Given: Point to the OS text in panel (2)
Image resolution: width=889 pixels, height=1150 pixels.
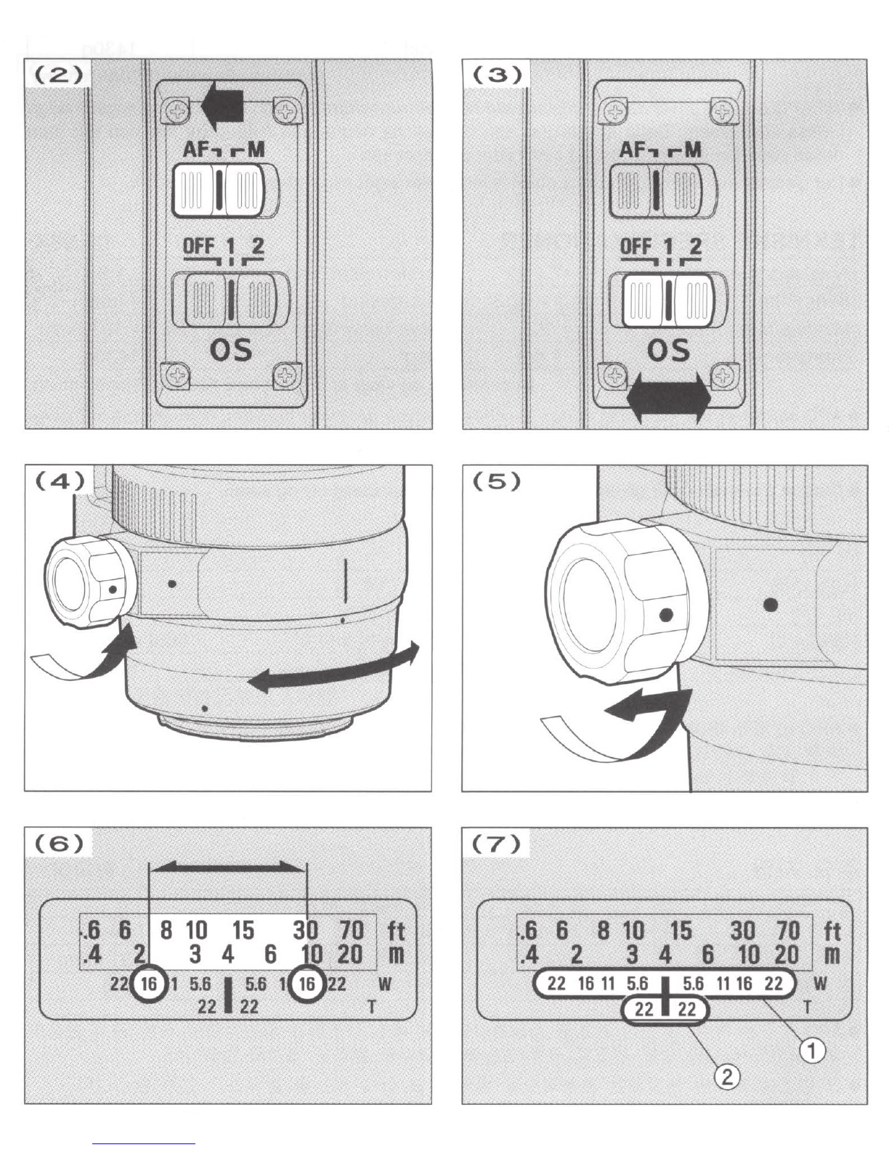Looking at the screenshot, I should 231,351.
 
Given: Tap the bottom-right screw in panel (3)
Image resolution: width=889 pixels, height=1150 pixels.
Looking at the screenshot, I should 722,375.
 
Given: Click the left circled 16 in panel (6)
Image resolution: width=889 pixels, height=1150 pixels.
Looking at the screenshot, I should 149,984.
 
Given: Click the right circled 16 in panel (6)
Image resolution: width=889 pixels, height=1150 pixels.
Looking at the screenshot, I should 307,984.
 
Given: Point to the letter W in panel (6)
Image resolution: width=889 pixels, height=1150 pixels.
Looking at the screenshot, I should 385,984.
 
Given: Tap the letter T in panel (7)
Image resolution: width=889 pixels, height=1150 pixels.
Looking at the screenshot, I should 807,1006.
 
